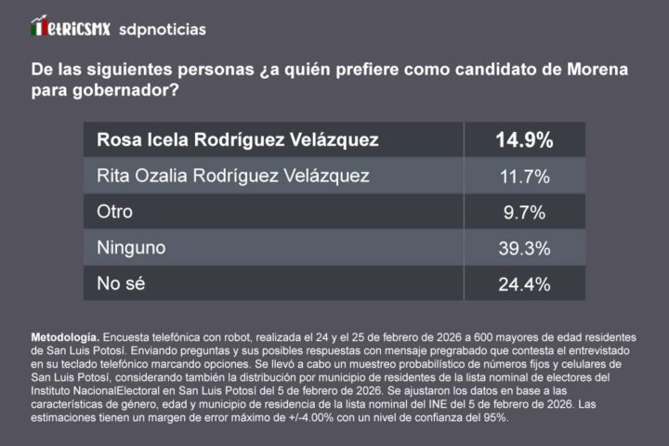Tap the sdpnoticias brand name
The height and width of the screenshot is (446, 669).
click(163, 29)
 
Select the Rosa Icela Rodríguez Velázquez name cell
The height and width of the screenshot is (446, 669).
click(238, 140)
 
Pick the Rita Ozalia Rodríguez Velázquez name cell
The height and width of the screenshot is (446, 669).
click(233, 176)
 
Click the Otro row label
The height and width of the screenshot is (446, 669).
click(115, 212)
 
